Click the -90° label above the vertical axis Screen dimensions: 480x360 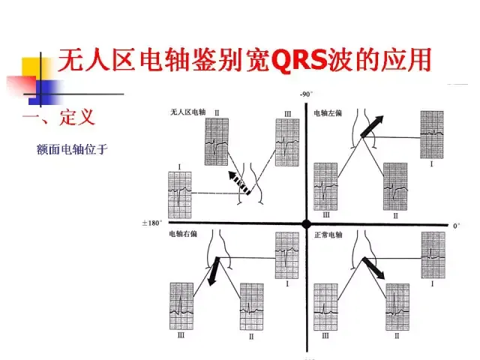[x=305, y=94]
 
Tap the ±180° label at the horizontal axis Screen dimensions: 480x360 [x=153, y=223]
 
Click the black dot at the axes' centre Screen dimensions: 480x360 [x=306, y=223]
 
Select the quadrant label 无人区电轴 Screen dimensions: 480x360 [x=187, y=112]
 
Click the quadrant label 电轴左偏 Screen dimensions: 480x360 [x=328, y=112]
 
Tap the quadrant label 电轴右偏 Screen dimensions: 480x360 [x=183, y=234]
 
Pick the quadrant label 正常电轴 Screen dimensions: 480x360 [x=328, y=235]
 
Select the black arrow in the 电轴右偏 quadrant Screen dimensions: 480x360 [x=214, y=271]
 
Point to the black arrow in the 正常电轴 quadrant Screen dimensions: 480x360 [x=374, y=268]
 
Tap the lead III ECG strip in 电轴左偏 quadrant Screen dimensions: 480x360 [x=325, y=184]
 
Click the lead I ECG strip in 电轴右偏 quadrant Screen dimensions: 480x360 [x=287, y=253]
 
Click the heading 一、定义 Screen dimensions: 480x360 [x=59, y=118]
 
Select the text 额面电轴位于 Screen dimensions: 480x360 [x=72, y=149]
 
